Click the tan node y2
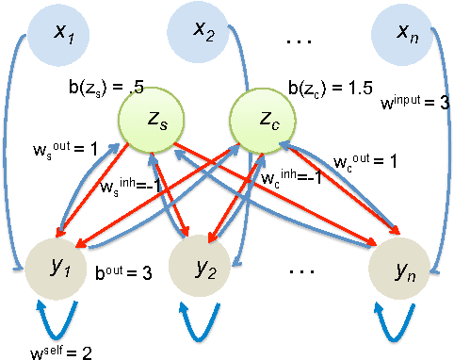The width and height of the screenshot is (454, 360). (x=201, y=269)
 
